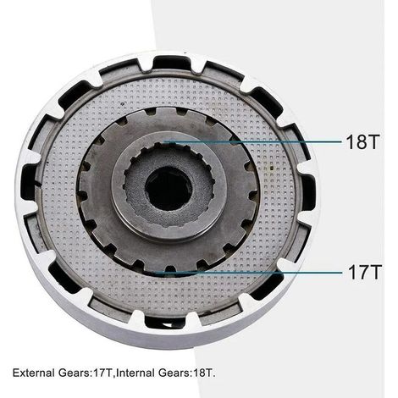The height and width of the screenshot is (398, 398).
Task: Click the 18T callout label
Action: pyautogui.click(x=362, y=141)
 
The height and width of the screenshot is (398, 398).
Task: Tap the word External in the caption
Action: pyautogui.click(x=33, y=373)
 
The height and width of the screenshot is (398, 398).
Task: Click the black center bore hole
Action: pyautogui.click(x=169, y=187)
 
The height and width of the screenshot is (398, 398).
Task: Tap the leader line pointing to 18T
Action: pyautogui.click(x=253, y=142)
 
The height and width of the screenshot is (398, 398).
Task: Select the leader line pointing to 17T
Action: pyautogui.click(x=248, y=273)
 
